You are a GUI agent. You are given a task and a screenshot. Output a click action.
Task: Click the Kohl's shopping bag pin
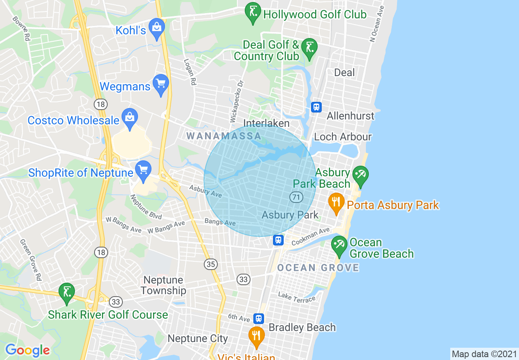(156, 27)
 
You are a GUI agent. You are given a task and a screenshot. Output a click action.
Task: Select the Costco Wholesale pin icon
(130, 118)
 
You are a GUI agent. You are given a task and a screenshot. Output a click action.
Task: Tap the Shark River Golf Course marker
(66, 292)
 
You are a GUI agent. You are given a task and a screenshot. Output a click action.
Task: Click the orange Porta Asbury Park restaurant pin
(336, 202)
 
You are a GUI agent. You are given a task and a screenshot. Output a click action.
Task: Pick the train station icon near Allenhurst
(316, 107)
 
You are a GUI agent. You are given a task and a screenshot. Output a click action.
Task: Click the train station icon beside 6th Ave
(258, 318)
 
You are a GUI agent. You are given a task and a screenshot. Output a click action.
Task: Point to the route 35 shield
(211, 264)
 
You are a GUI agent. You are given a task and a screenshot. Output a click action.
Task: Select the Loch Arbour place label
(343, 137)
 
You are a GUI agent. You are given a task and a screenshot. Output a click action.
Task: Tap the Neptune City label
(198, 339)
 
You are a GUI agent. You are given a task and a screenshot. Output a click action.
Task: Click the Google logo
(27, 350)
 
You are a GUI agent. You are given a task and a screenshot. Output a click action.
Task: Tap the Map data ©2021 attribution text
(484, 354)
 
